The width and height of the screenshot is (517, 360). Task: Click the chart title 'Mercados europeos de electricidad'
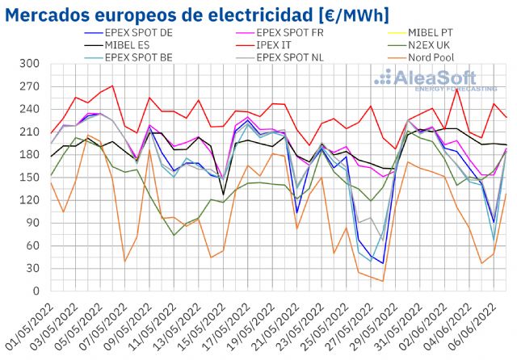pyautogui.click(x=198, y=15)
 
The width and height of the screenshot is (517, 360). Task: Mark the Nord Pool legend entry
pyautogui.click(x=433, y=58)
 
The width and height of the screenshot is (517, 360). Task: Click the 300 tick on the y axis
pyautogui.click(x=30, y=64)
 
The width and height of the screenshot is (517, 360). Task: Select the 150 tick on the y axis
pyautogui.click(x=30, y=178)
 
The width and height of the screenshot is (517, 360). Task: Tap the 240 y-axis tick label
pyautogui.click(x=30, y=109)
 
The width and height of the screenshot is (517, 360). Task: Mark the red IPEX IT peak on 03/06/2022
pyautogui.click(x=457, y=89)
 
